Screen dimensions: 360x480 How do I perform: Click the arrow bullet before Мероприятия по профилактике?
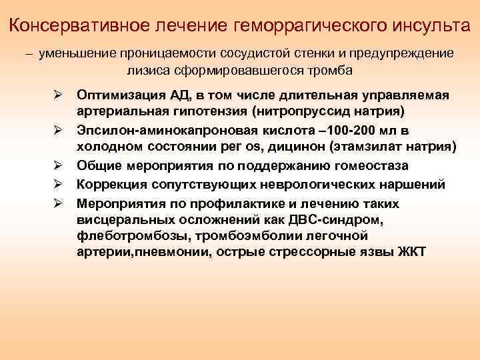tap(59, 203)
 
